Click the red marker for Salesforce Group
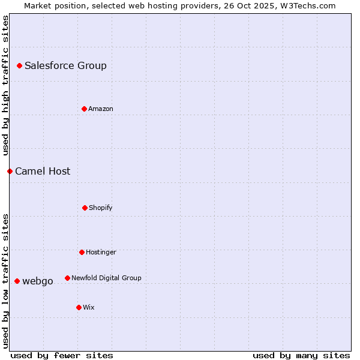[x=20, y=65]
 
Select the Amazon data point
[x=85, y=109]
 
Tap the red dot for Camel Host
[x=10, y=171]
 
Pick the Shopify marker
[x=85, y=208]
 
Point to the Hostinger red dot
[x=82, y=252]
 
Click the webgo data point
[x=17, y=281]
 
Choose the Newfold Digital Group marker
[x=68, y=278]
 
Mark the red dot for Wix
[x=79, y=307]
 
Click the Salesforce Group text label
[x=65, y=66]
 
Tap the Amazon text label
[x=101, y=109]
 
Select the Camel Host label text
[x=43, y=172]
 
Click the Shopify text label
[x=101, y=208]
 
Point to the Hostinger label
[x=101, y=253]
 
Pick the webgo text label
[x=38, y=281]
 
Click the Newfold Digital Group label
[x=106, y=278]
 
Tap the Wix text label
[x=89, y=308]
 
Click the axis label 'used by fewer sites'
[x=62, y=355]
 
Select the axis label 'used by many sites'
[x=301, y=355]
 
